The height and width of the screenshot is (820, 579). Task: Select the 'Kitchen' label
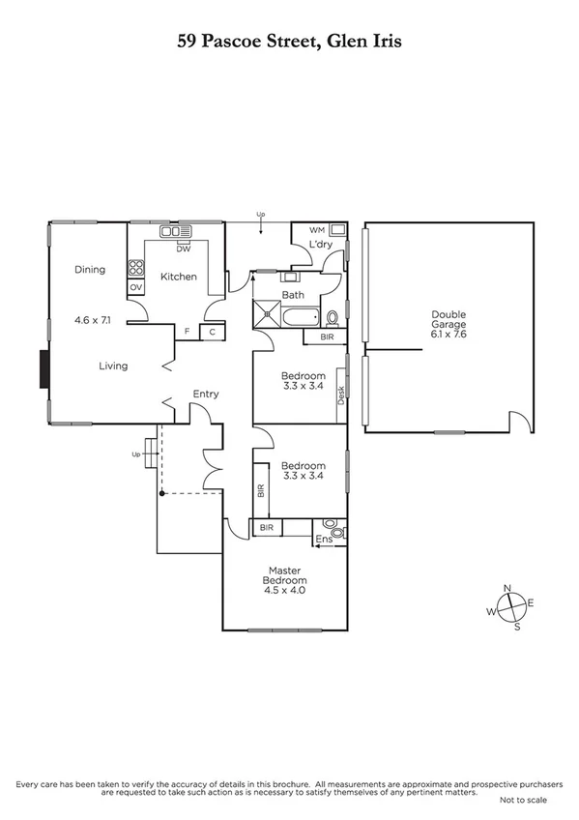coord(179,277)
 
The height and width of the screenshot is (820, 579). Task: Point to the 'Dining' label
coord(90,270)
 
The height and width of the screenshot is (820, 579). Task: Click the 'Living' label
coord(112,366)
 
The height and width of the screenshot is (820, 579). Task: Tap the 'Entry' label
coord(206,394)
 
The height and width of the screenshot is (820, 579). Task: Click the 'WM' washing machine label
coord(316,230)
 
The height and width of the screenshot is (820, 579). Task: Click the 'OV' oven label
coord(135,287)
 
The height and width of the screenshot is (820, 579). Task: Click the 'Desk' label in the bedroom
coord(341,395)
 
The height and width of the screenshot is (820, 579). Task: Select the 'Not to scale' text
coord(523,800)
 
